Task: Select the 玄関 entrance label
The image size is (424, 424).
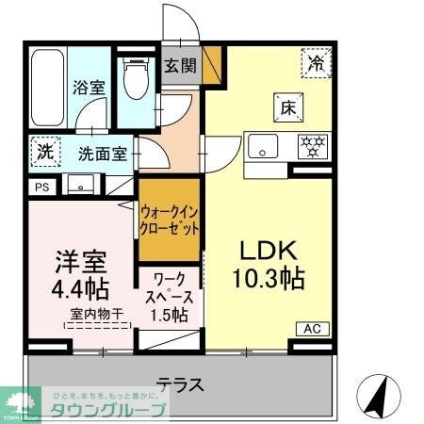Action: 180,67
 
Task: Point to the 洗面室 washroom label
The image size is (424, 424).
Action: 102,154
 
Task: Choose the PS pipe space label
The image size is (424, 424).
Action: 41,188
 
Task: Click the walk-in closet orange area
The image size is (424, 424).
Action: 170,220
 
